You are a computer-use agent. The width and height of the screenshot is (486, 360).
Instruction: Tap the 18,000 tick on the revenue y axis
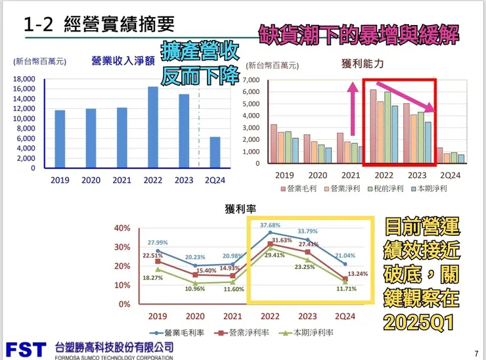(x=25, y=79)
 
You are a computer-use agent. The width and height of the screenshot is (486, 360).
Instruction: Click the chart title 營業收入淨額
(x=123, y=62)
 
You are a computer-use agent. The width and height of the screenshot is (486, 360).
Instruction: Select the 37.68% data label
(x=269, y=225)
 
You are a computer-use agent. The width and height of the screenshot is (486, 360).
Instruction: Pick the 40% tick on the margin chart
(x=123, y=228)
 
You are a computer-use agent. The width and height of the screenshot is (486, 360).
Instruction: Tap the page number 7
(x=475, y=352)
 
